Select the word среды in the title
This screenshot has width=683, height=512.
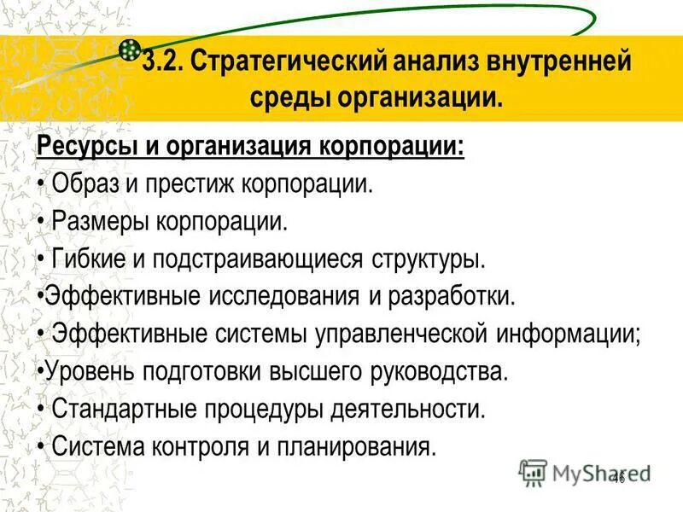pyautogui.click(x=285, y=96)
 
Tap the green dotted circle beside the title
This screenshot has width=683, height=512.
pyautogui.click(x=130, y=50)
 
